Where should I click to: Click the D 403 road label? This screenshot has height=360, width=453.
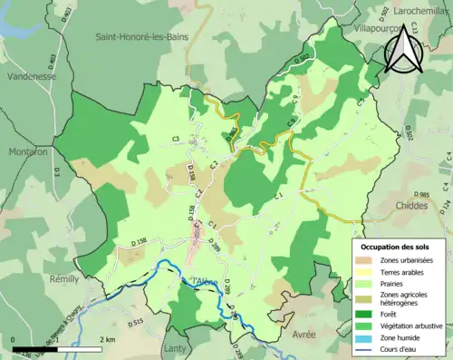coord(53,64)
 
